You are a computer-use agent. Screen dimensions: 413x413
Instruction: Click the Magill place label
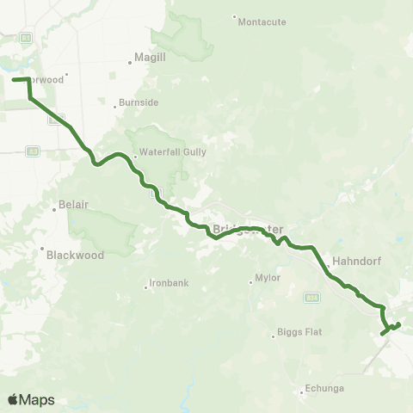pos(144,60)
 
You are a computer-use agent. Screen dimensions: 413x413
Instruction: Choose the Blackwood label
pos(76,255)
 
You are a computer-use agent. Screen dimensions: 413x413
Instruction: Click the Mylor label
pos(268,279)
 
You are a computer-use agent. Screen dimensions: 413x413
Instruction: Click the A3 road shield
pos(33,151)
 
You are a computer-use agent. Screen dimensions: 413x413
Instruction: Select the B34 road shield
pos(312,298)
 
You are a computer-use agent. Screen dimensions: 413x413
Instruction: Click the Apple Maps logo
pos(31,399)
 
